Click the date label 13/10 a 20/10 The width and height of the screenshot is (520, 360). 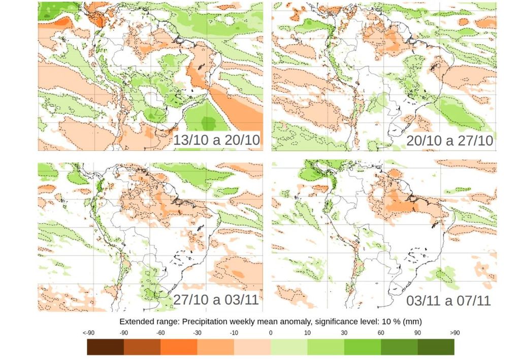click(217, 141)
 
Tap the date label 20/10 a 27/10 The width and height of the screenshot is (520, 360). click(450, 141)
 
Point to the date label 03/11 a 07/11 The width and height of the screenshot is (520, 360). click(448, 301)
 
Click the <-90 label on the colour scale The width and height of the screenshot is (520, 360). click(88, 333)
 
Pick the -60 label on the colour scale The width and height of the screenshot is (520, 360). click(160, 333)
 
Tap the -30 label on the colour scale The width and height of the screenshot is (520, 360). click(197, 333)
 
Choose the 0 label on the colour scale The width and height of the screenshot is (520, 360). click(271, 333)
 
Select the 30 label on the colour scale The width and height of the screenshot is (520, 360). click(344, 333)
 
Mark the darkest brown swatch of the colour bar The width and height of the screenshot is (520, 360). click(106, 347)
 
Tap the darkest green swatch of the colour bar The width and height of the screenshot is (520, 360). click(436, 347)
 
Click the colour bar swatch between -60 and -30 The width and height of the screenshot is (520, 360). click(179, 347)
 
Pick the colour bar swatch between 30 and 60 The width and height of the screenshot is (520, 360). click(363, 347)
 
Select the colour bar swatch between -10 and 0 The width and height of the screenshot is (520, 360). click(252, 347)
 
